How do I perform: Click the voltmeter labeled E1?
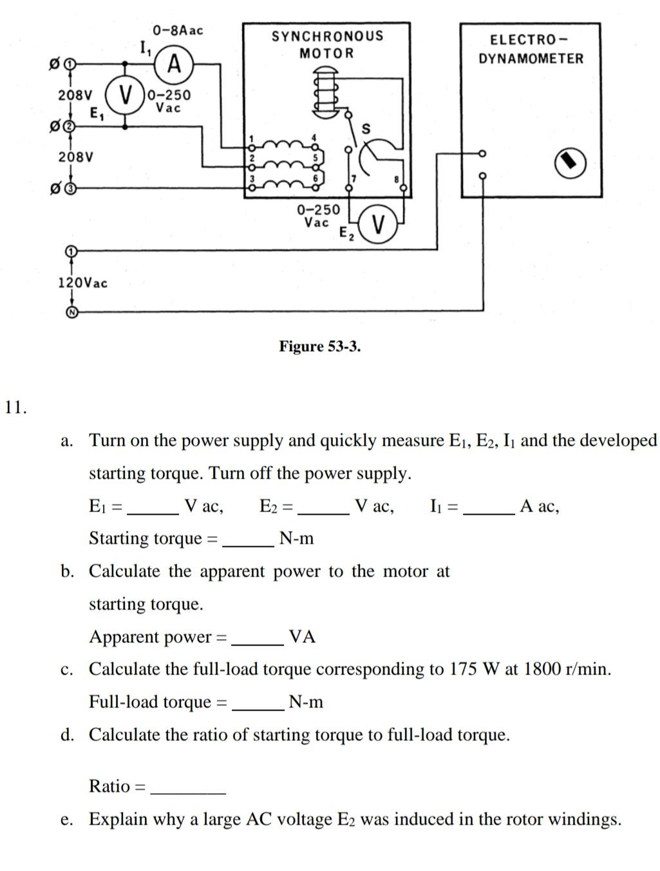coord(125,95)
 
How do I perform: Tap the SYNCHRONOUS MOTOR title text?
coord(327,44)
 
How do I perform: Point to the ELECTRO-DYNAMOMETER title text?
coord(531,49)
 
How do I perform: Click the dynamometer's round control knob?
coord(570,163)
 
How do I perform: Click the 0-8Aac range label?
coord(178,30)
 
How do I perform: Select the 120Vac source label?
coord(82,283)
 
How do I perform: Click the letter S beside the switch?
coord(366,129)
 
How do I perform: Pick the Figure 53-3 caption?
coord(319,347)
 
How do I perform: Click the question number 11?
coord(16,408)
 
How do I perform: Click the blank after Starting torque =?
coord(248,546)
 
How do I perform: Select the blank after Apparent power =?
coord(258,644)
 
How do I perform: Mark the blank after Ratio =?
coord(188,793)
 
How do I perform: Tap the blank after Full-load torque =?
coord(258,710)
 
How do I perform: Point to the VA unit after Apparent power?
coord(302,636)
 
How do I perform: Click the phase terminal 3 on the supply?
coord(71,189)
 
